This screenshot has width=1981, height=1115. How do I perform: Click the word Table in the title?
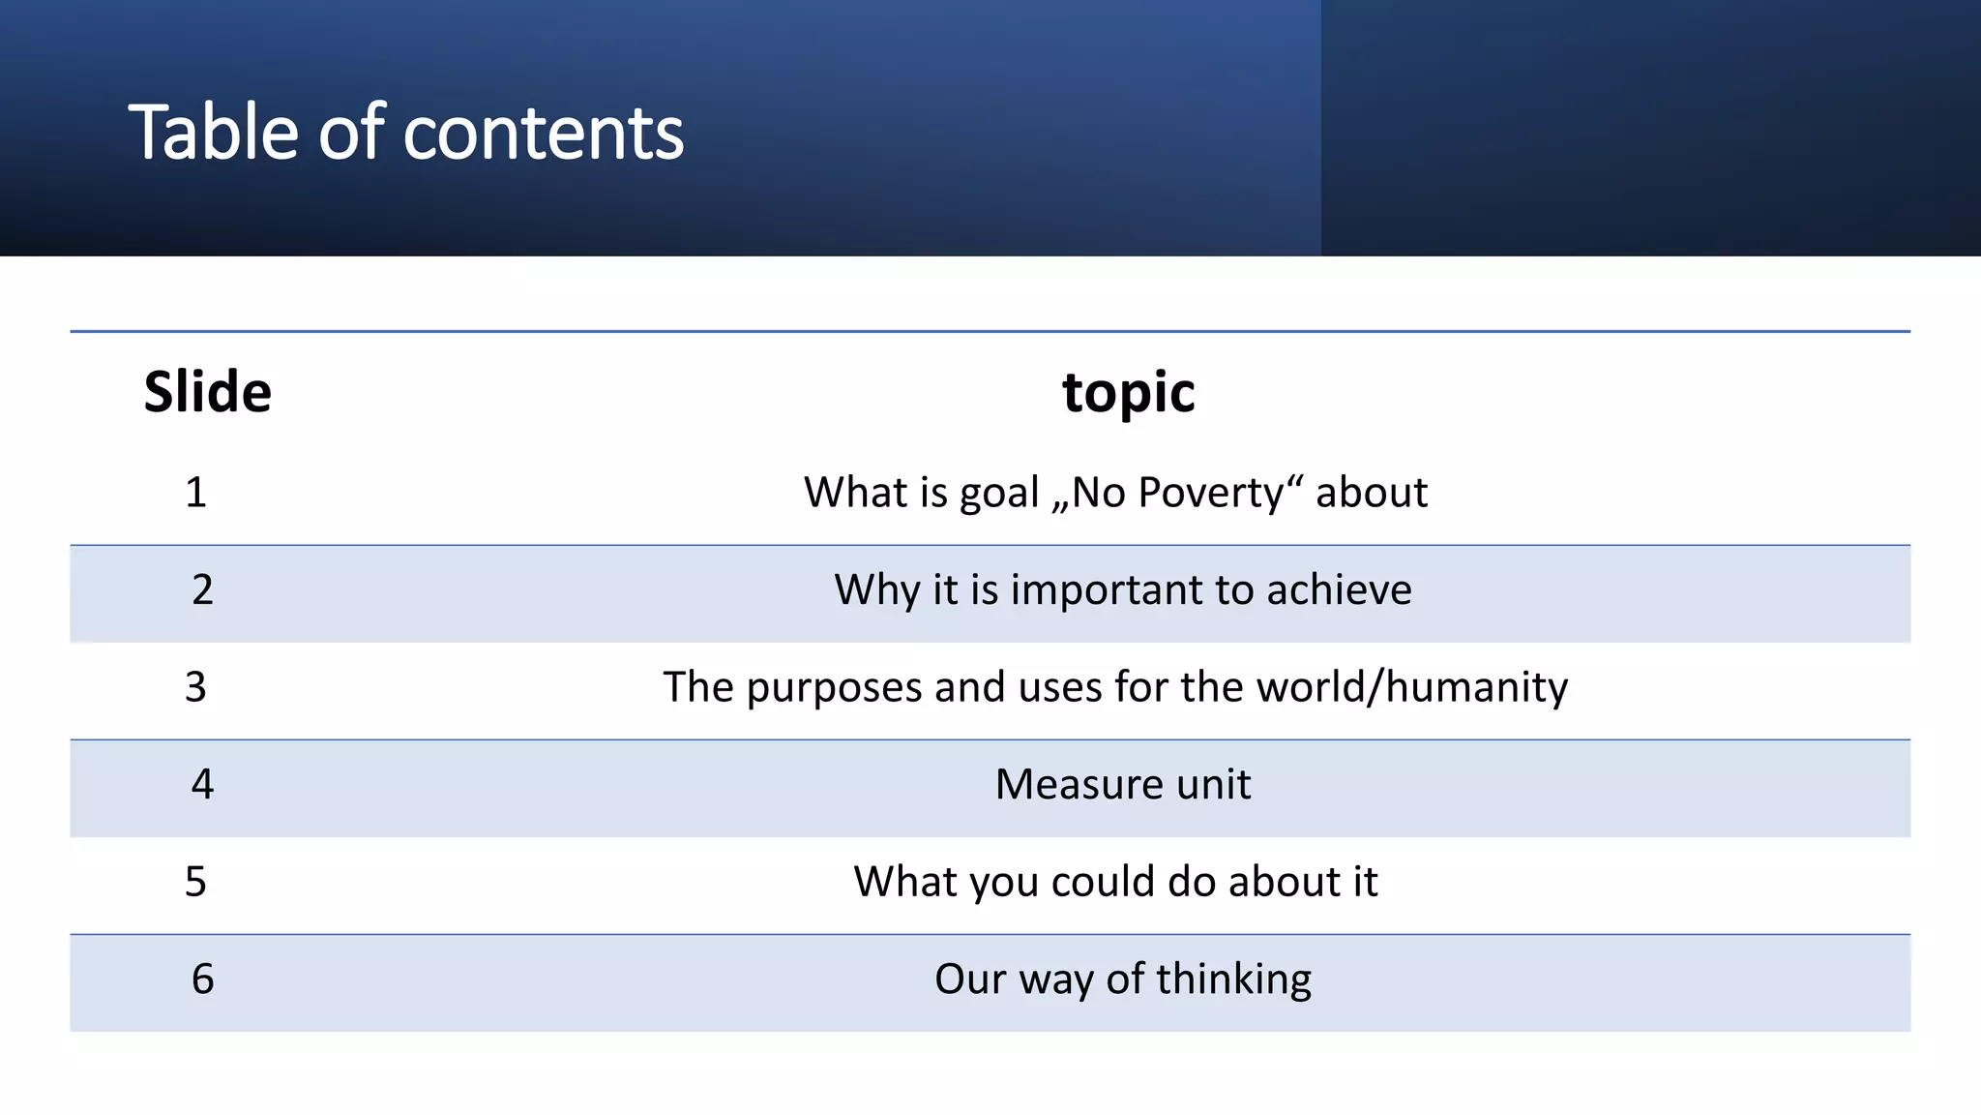click(x=215, y=133)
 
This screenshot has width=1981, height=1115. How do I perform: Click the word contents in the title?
click(x=544, y=133)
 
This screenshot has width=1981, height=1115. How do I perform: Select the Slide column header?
click(x=207, y=392)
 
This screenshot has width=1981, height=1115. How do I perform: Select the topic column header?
click(x=1128, y=392)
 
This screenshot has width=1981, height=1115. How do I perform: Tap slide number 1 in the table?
click(x=195, y=493)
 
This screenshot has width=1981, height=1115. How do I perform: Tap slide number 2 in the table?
click(x=202, y=589)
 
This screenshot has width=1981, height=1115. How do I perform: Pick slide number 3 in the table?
click(x=195, y=687)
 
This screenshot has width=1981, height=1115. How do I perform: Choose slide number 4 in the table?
click(x=202, y=784)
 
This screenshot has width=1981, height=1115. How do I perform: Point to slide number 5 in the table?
click(x=195, y=882)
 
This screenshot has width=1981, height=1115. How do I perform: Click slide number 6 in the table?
click(x=202, y=979)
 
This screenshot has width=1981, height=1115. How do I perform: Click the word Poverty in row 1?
click(x=1210, y=493)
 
